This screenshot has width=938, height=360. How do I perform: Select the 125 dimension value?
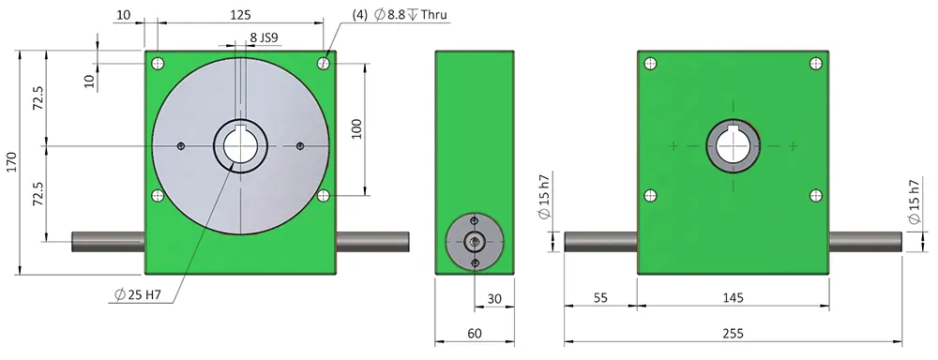coord(240,15)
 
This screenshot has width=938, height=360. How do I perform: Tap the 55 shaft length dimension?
coord(600,298)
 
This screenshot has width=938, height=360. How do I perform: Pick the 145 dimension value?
coord(734,298)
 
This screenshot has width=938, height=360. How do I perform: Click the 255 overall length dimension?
coord(734,334)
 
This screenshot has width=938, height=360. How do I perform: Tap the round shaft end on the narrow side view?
coord(475,241)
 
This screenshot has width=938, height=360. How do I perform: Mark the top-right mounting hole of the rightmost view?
coord(812,64)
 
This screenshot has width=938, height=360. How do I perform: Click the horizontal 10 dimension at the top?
coord(125,15)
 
